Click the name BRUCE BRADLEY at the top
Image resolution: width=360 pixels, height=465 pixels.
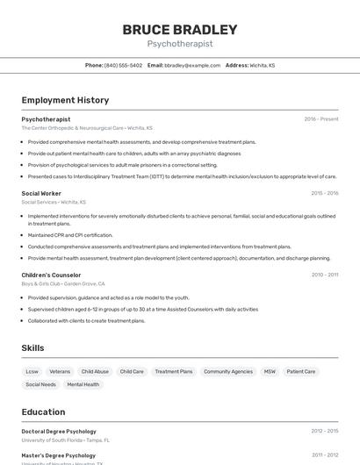pyautogui.click(x=180, y=30)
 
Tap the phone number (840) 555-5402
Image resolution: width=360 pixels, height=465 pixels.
pyautogui.click(x=123, y=66)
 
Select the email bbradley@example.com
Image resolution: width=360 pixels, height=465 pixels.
pyautogui.click(x=192, y=66)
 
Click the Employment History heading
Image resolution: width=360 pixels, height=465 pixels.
pyautogui.click(x=65, y=100)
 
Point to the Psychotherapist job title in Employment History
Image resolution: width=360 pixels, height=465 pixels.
pyautogui.click(x=46, y=118)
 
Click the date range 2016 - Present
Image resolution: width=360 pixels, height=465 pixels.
pyautogui.click(x=321, y=118)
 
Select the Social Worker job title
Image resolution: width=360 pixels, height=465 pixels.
pyautogui.click(x=41, y=193)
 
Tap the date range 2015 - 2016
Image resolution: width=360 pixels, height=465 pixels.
pyautogui.click(x=324, y=193)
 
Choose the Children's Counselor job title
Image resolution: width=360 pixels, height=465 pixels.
pyautogui.click(x=51, y=275)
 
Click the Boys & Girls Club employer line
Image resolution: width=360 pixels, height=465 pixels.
pyautogui.click(x=63, y=283)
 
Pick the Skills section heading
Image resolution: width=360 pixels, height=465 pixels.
pyautogui.click(x=32, y=348)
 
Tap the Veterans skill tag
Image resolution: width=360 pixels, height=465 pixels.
pyautogui.click(x=60, y=371)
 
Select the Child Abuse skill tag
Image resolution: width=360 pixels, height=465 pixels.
pyautogui.click(x=95, y=371)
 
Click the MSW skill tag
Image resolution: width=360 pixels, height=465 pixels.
pyautogui.click(x=270, y=371)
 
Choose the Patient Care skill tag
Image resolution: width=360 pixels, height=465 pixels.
pyautogui.click(x=300, y=371)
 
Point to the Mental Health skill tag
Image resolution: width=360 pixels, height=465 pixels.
pyautogui.click(x=83, y=384)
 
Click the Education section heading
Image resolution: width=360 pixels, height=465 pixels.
pyautogui.click(x=43, y=411)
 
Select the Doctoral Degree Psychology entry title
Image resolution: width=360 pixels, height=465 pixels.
pyautogui.click(x=59, y=431)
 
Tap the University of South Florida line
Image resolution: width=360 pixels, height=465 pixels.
pyautogui.click(x=66, y=440)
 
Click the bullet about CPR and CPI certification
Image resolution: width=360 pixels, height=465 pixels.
pyautogui.click(x=70, y=235)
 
